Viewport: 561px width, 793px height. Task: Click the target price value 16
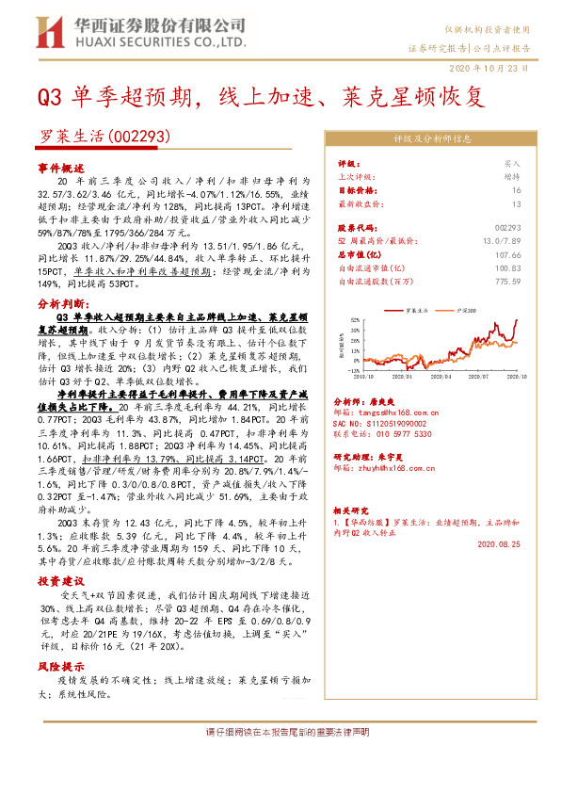516,189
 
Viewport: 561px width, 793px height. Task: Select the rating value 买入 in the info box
512,163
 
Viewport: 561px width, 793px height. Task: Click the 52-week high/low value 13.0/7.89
501,240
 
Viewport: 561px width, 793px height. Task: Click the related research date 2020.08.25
497,543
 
